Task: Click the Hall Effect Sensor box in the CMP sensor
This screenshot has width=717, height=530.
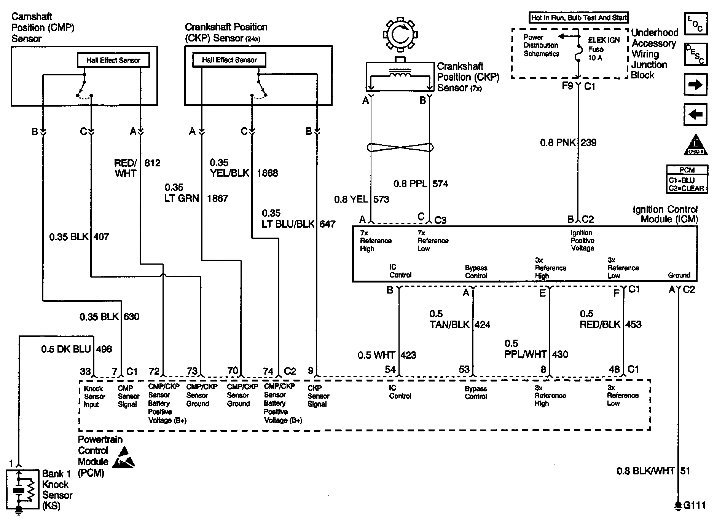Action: point(113,60)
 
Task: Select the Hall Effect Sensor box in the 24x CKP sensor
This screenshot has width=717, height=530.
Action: point(229,60)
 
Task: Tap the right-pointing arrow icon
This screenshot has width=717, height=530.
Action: point(695,85)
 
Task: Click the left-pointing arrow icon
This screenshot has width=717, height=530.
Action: point(695,114)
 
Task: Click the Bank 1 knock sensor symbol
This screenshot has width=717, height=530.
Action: point(22,490)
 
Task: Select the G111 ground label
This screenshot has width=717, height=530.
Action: point(694,505)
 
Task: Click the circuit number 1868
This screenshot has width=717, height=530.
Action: point(268,173)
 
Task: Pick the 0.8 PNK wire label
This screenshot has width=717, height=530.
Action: point(558,143)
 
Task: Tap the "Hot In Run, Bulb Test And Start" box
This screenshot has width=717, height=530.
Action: point(578,18)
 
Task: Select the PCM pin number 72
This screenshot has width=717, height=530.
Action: point(154,371)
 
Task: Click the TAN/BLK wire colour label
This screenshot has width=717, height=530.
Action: point(449,325)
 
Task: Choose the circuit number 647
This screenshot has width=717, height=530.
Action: point(327,224)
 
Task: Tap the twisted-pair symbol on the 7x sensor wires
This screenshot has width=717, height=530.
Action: point(400,147)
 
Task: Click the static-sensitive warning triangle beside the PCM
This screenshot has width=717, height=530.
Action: point(124,457)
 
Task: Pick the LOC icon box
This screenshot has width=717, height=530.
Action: point(695,24)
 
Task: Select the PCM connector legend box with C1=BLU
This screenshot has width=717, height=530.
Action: point(687,179)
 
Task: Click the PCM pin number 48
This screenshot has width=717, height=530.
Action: point(614,369)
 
